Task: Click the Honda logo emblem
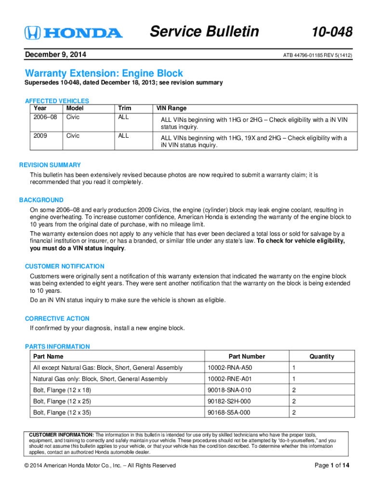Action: [32, 33]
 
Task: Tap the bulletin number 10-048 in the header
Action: [332, 32]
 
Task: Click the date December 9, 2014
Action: [55, 55]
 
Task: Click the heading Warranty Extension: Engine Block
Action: [104, 73]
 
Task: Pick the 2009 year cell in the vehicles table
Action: [40, 136]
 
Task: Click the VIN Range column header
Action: [171, 108]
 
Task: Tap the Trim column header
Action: [124, 108]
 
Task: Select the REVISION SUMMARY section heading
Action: [50, 165]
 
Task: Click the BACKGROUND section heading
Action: [41, 200]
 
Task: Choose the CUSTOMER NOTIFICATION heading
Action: [65, 266]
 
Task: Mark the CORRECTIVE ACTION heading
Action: [57, 319]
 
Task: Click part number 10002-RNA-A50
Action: [230, 368]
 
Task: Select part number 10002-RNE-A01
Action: [230, 379]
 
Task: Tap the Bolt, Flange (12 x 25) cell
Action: [62, 401]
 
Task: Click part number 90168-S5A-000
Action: [229, 413]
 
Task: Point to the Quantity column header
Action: [322, 357]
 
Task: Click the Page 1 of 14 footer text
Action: [332, 465]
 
